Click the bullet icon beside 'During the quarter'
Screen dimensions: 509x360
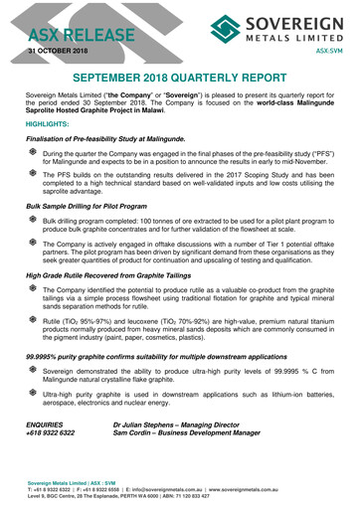pos(33,155)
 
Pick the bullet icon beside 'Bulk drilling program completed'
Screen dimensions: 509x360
pos(33,217)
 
